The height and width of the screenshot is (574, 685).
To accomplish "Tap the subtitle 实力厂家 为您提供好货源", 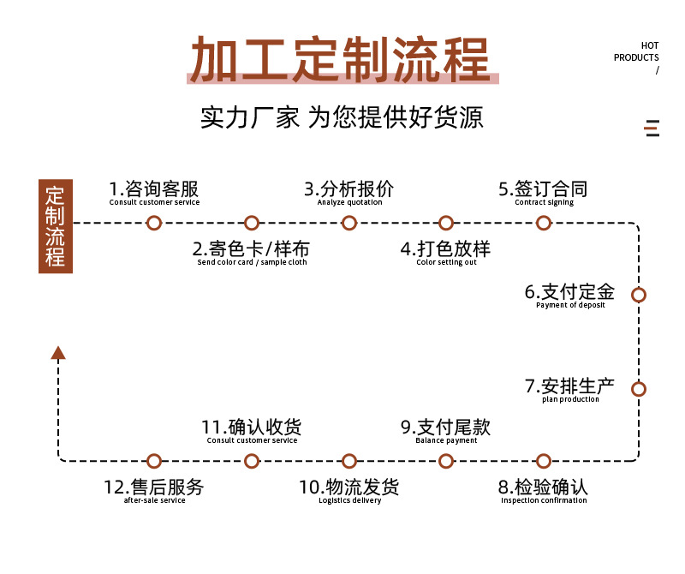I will (x=342, y=117).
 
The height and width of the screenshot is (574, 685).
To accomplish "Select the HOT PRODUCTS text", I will (x=637, y=52).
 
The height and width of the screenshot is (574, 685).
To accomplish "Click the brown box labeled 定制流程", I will (x=56, y=225).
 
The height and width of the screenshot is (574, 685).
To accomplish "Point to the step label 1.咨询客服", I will (x=154, y=188).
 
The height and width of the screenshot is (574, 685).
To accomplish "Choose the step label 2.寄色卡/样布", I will (x=251, y=248).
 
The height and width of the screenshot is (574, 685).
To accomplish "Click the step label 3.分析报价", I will (x=349, y=188).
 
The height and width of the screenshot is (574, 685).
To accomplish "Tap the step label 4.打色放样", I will (x=445, y=248).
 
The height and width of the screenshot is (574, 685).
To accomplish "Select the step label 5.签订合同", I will (x=544, y=188).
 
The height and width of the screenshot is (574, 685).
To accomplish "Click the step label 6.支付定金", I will (x=569, y=292).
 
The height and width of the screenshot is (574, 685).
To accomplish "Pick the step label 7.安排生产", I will (x=569, y=386).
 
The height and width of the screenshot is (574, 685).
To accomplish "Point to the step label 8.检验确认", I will (x=544, y=487).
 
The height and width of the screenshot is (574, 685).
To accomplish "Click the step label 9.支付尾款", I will (x=445, y=427).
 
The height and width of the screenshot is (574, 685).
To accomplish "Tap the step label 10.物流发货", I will (x=349, y=487).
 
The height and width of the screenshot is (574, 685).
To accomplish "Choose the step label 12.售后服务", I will (x=154, y=487).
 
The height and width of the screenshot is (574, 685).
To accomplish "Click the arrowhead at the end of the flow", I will (x=58, y=352).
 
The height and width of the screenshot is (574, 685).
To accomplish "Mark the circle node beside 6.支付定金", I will (x=638, y=295).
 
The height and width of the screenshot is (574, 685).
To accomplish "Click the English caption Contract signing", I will (x=544, y=203).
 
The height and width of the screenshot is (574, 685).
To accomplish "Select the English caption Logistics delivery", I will (x=349, y=501).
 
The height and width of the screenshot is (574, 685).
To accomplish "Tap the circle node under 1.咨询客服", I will (x=154, y=223).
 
